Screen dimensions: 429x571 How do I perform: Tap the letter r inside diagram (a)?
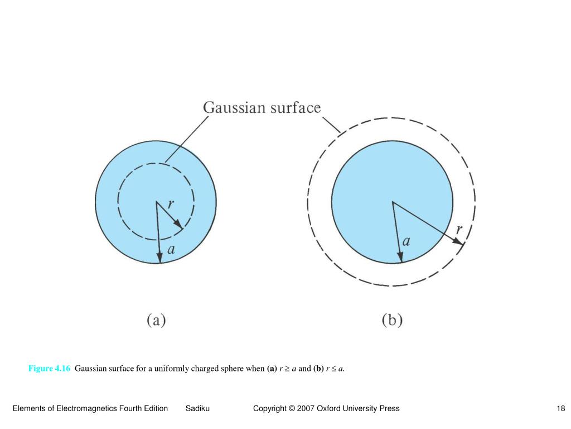[172, 206]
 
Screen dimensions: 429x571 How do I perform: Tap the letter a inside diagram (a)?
[171, 250]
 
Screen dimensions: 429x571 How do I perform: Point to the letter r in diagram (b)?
[459, 229]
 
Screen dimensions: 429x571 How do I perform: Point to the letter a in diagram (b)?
[407, 241]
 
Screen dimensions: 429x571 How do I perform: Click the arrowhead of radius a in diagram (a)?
[159, 257]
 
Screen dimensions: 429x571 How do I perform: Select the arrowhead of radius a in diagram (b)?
[400, 257]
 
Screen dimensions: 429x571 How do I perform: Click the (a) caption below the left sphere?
[157, 321]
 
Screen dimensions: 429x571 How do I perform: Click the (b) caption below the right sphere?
[392, 321]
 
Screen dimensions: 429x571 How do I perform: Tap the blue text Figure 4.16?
[50, 368]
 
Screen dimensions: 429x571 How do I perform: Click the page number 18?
[561, 408]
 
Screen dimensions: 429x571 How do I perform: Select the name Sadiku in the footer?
[197, 408]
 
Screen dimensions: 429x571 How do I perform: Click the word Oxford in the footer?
[330, 408]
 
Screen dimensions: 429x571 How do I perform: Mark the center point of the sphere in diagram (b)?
[393, 202]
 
